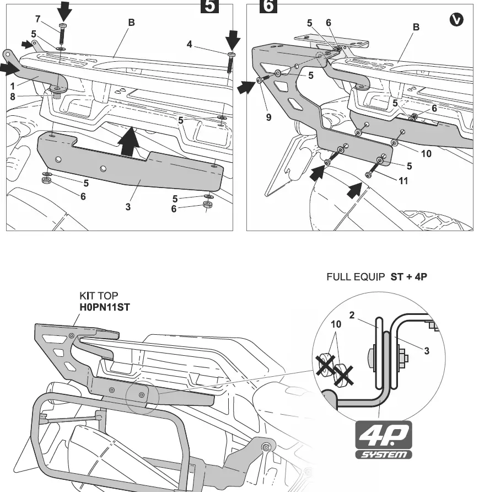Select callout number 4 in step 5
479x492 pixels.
[189, 44]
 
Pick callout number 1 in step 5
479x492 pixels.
[13, 86]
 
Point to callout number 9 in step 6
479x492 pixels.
[268, 117]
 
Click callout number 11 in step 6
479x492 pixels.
[403, 181]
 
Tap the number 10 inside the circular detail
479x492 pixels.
[336, 324]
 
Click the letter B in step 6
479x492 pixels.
[416, 27]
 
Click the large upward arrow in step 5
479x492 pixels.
[128, 142]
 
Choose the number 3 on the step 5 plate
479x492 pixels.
[127, 207]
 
